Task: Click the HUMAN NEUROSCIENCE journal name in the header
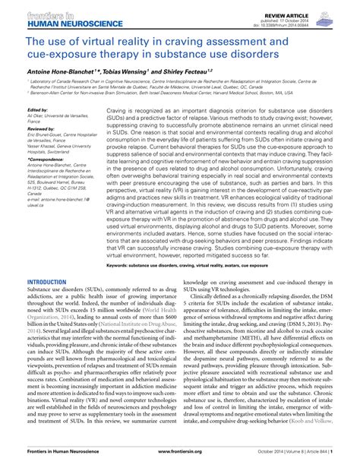point(49,24)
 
